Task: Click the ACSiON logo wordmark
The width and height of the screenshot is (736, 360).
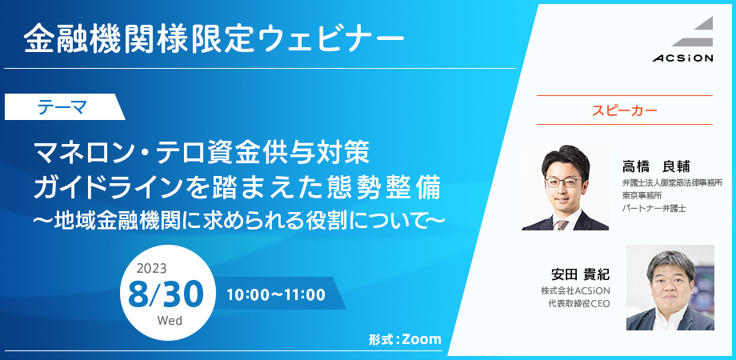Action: pos(682,58)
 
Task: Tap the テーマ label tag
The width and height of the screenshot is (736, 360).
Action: pos(64,107)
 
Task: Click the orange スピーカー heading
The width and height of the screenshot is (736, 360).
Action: pos(624,110)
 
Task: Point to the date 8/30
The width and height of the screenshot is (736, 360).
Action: pos(166,294)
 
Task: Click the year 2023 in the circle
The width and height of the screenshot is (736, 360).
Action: pos(151,269)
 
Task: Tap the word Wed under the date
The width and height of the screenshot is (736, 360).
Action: pos(170,321)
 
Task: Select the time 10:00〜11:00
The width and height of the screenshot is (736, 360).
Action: pos(276,294)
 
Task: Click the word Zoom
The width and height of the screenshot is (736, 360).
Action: pos(422,339)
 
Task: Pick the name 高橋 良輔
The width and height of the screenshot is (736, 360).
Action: pos(656,166)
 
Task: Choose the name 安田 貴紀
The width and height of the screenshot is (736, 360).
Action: pos(581,274)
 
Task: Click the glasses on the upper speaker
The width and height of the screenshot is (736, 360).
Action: pos(563,182)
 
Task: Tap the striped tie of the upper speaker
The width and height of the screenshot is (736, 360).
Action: pos(562,224)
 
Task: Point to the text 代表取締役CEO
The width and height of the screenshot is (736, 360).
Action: pos(578,304)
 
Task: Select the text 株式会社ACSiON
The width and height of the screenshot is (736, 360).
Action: pos(575,291)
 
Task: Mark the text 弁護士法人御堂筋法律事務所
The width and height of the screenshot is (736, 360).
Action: pos(672,182)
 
